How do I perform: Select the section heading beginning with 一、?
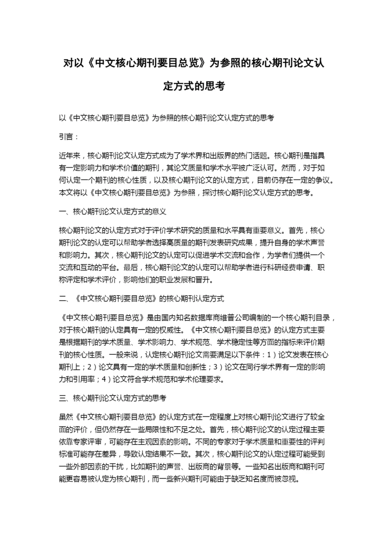(113, 212)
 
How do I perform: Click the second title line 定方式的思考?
(194, 86)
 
